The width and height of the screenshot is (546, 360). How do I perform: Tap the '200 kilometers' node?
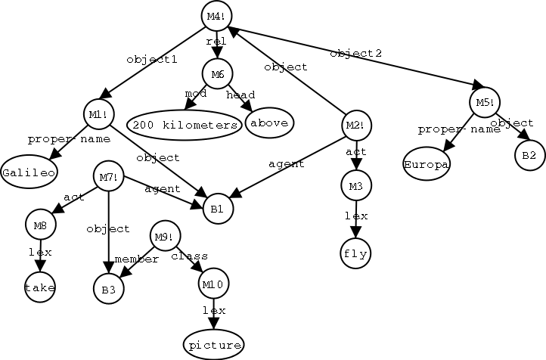click(x=185, y=124)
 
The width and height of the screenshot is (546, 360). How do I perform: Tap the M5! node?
click(x=483, y=101)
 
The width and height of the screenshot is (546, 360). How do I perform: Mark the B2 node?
click(x=529, y=155)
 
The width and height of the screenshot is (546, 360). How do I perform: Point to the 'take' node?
click(x=39, y=288)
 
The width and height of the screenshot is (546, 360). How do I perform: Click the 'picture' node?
click(x=215, y=345)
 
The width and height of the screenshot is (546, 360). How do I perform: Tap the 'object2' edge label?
click(x=355, y=54)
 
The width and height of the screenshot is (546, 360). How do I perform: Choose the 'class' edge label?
click(x=190, y=256)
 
